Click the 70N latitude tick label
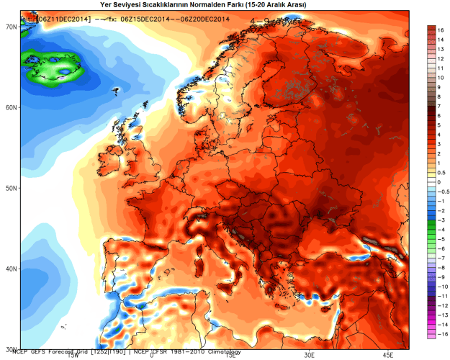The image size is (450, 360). pyautogui.click(x=11, y=26)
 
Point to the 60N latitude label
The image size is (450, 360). pyautogui.click(x=11, y=107)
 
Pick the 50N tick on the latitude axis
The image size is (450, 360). pyautogui.click(x=11, y=188)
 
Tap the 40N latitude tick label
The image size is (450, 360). pyautogui.click(x=11, y=269)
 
